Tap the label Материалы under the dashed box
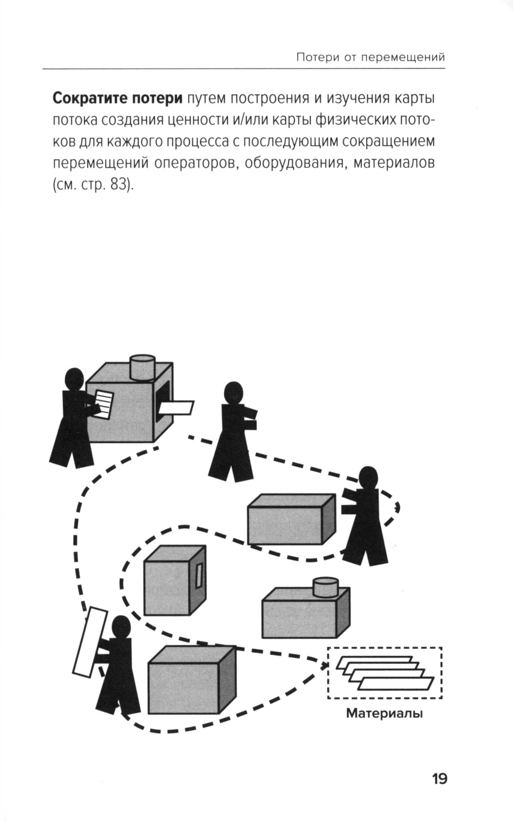pyautogui.click(x=384, y=713)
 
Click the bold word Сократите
pyautogui.click(x=89, y=97)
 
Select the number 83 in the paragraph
pyautogui.click(x=117, y=184)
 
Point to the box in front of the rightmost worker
pyautogui.click(x=291, y=519)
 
